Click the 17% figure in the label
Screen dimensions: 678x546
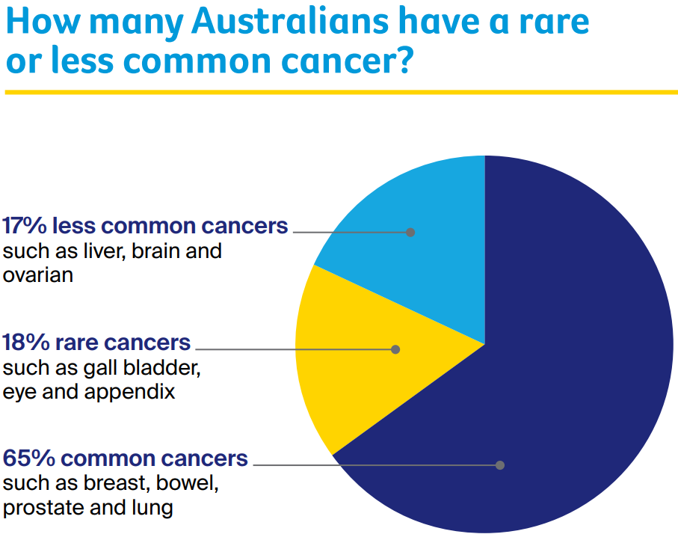pyautogui.click(x=24, y=226)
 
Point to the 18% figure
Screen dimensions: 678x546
pyautogui.click(x=26, y=343)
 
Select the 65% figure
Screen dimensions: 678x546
pyautogui.click(x=29, y=458)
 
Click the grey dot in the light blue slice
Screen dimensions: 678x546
pyautogui.click(x=410, y=233)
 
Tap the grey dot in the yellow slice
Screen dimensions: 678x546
pyautogui.click(x=395, y=349)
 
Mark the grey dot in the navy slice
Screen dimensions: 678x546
pyautogui.click(x=500, y=465)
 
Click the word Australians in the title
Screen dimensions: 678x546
pyautogui.click(x=290, y=22)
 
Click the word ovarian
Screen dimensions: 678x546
pyautogui.click(x=38, y=275)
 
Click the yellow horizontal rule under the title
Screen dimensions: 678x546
pyautogui.click(x=341, y=92)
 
